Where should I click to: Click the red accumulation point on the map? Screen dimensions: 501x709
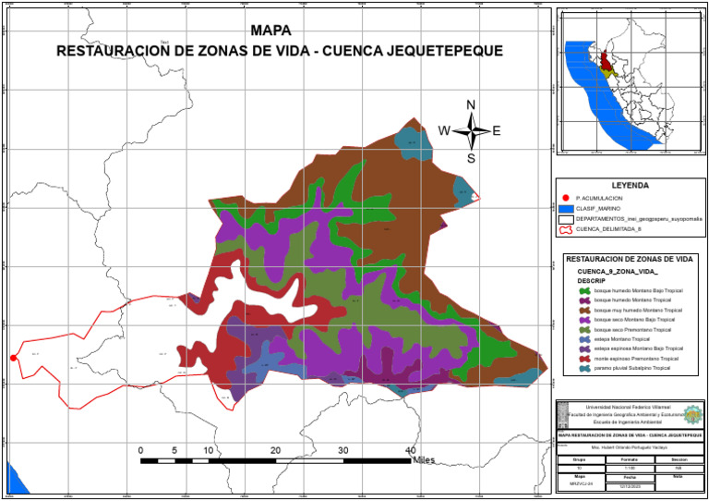[x=13, y=358]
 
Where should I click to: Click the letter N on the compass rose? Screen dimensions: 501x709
[x=471, y=104]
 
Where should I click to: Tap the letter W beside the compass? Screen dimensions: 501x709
[x=444, y=130]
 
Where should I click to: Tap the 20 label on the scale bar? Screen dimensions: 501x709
[x=275, y=449]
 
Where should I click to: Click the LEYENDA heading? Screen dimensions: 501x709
[x=631, y=185]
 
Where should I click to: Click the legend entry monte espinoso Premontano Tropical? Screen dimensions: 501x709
[x=635, y=358]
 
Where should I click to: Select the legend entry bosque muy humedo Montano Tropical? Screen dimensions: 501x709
[x=637, y=310]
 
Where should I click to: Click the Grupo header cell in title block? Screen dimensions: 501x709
[x=579, y=458]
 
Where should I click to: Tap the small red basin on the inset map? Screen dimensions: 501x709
[x=606, y=63]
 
